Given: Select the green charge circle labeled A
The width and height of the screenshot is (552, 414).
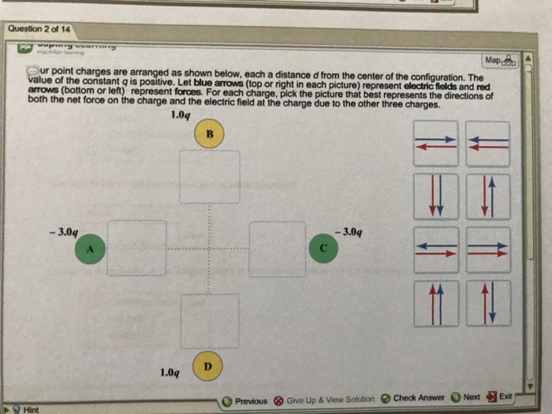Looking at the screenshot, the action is point(90,249).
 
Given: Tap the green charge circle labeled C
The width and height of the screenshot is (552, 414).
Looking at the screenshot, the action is point(323,247).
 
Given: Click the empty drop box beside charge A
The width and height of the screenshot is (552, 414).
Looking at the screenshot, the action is point(136,248).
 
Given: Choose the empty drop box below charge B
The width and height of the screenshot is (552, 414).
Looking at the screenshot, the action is point(209,177).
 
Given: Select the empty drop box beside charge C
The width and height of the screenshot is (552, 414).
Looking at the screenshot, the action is point(278,248).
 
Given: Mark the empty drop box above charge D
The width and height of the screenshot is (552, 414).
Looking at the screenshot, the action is point(209,321).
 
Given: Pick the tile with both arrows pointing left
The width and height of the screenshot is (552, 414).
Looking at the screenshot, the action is point(487,144).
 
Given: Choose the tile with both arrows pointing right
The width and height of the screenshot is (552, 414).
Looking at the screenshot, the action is point(487,250).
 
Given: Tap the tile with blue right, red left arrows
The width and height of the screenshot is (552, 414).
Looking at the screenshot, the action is point(436,144).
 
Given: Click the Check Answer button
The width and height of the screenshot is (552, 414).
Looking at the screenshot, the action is point(413,397).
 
